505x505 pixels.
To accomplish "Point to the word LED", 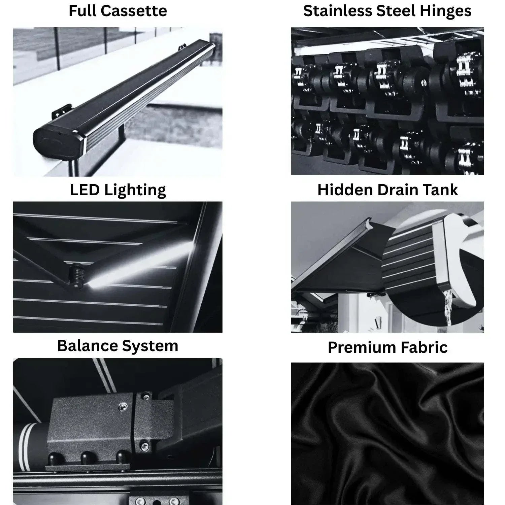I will pyautogui.click(x=85, y=190).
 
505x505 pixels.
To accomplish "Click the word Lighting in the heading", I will pyautogui.click(x=135, y=191).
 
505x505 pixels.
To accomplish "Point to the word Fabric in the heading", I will pyautogui.click(x=425, y=347).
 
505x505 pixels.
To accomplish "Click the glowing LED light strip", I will pyautogui.click(x=135, y=266).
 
